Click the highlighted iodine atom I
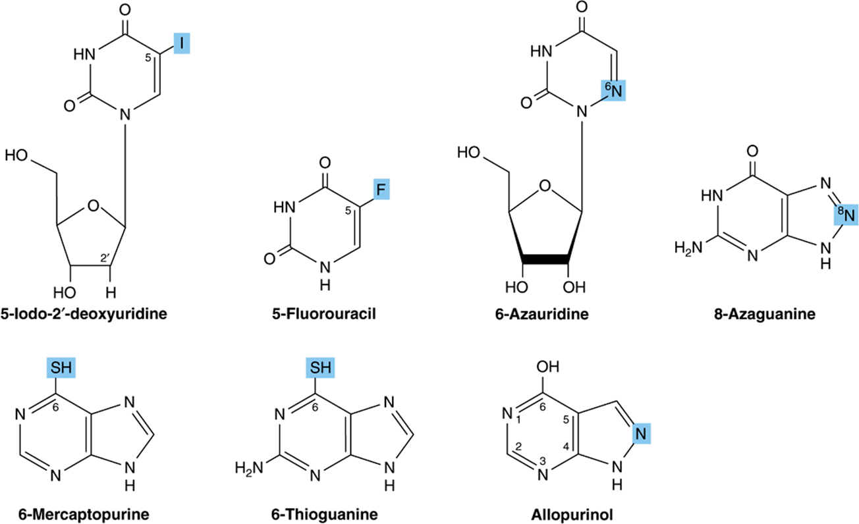pyautogui.click(x=182, y=43)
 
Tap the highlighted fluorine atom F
pyautogui.click(x=381, y=189)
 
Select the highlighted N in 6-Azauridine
pyautogui.click(x=613, y=90)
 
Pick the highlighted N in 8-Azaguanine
pyautogui.click(x=846, y=214)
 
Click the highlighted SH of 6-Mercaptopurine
pyautogui.click(x=61, y=367)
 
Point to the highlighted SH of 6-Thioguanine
pyautogui.click(x=320, y=367)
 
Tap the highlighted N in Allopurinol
pyautogui.click(x=642, y=434)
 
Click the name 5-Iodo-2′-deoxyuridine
pyautogui.click(x=84, y=313)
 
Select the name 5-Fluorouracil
pyautogui.click(x=324, y=313)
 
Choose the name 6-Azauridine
pyautogui.click(x=542, y=313)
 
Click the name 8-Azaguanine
pyautogui.click(x=765, y=313)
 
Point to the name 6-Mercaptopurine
pyautogui.click(x=84, y=514)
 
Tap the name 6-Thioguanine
pyautogui.click(x=324, y=514)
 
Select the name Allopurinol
pyautogui.click(x=572, y=514)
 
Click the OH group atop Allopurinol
pyautogui.click(x=547, y=367)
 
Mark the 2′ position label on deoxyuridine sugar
pyautogui.click(x=105, y=258)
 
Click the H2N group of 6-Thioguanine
pyautogui.click(x=249, y=468)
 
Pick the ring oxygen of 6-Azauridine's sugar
pyautogui.click(x=545, y=186)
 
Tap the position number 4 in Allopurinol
pyautogui.click(x=566, y=446)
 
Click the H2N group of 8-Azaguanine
pyautogui.click(x=688, y=248)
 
